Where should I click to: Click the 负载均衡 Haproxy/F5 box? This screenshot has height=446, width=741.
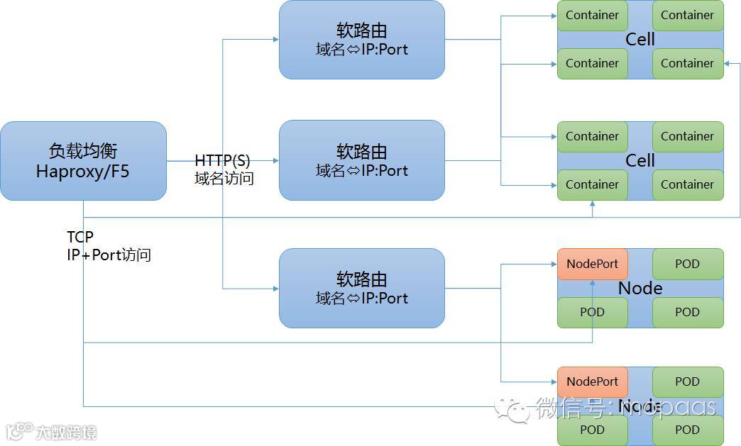pyautogui.click(x=83, y=160)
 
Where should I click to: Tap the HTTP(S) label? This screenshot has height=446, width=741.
pyautogui.click(x=223, y=161)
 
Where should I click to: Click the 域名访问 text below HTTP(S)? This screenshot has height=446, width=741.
pyautogui.click(x=224, y=179)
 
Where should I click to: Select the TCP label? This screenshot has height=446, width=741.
pyautogui.click(x=80, y=237)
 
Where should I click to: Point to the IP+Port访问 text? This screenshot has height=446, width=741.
pyautogui.click(x=109, y=255)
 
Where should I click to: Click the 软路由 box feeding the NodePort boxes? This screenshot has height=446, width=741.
pyautogui.click(x=361, y=288)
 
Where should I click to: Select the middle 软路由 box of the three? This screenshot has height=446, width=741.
pyautogui.click(x=361, y=160)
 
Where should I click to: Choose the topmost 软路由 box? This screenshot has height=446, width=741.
pyautogui.click(x=361, y=40)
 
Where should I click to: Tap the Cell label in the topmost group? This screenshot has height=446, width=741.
pyautogui.click(x=640, y=39)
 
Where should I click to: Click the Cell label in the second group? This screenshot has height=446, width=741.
pyautogui.click(x=640, y=160)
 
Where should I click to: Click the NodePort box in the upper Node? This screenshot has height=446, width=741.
pyautogui.click(x=592, y=264)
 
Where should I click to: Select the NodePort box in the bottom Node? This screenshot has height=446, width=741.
pyautogui.click(x=592, y=381)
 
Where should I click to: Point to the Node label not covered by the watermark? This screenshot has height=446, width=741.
pyautogui.click(x=640, y=288)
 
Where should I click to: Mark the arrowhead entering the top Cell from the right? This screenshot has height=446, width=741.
pyautogui.click(x=727, y=63)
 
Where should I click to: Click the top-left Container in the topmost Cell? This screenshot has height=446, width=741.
pyautogui.click(x=592, y=15)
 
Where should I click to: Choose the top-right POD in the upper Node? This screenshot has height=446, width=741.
pyautogui.click(x=687, y=264)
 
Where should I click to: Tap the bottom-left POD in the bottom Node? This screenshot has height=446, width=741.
pyautogui.click(x=592, y=430)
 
